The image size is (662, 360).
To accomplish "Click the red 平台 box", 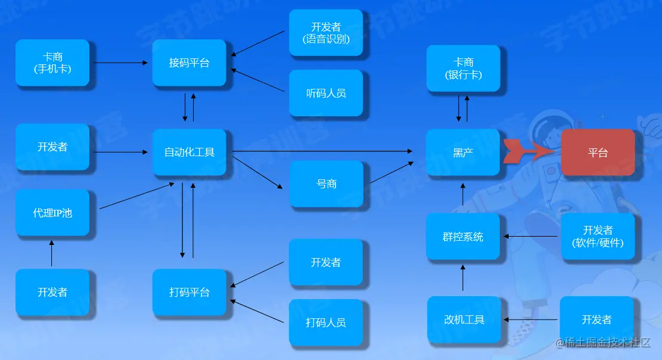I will click(598, 153).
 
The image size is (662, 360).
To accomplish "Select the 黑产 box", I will click(463, 153).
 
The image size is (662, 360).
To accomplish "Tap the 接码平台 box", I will click(189, 63).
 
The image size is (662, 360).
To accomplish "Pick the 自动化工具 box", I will click(189, 153).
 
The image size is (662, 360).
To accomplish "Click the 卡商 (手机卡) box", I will click(52, 63).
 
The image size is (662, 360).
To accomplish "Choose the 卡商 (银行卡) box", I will click(463, 69).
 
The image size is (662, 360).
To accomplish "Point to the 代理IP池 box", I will click(52, 213).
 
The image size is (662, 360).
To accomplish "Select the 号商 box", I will click(326, 184).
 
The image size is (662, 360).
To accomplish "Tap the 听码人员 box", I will click(326, 93).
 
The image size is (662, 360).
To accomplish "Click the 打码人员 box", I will click(326, 323).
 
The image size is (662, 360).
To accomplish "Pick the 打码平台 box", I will click(189, 293).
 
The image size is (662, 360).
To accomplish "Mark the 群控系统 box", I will click(463, 237).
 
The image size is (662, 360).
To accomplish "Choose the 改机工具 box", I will click(464, 320).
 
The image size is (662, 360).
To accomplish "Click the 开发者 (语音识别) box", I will click(326, 33).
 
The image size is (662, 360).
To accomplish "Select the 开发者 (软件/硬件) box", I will click(598, 237).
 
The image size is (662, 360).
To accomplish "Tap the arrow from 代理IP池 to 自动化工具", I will click(136, 196).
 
